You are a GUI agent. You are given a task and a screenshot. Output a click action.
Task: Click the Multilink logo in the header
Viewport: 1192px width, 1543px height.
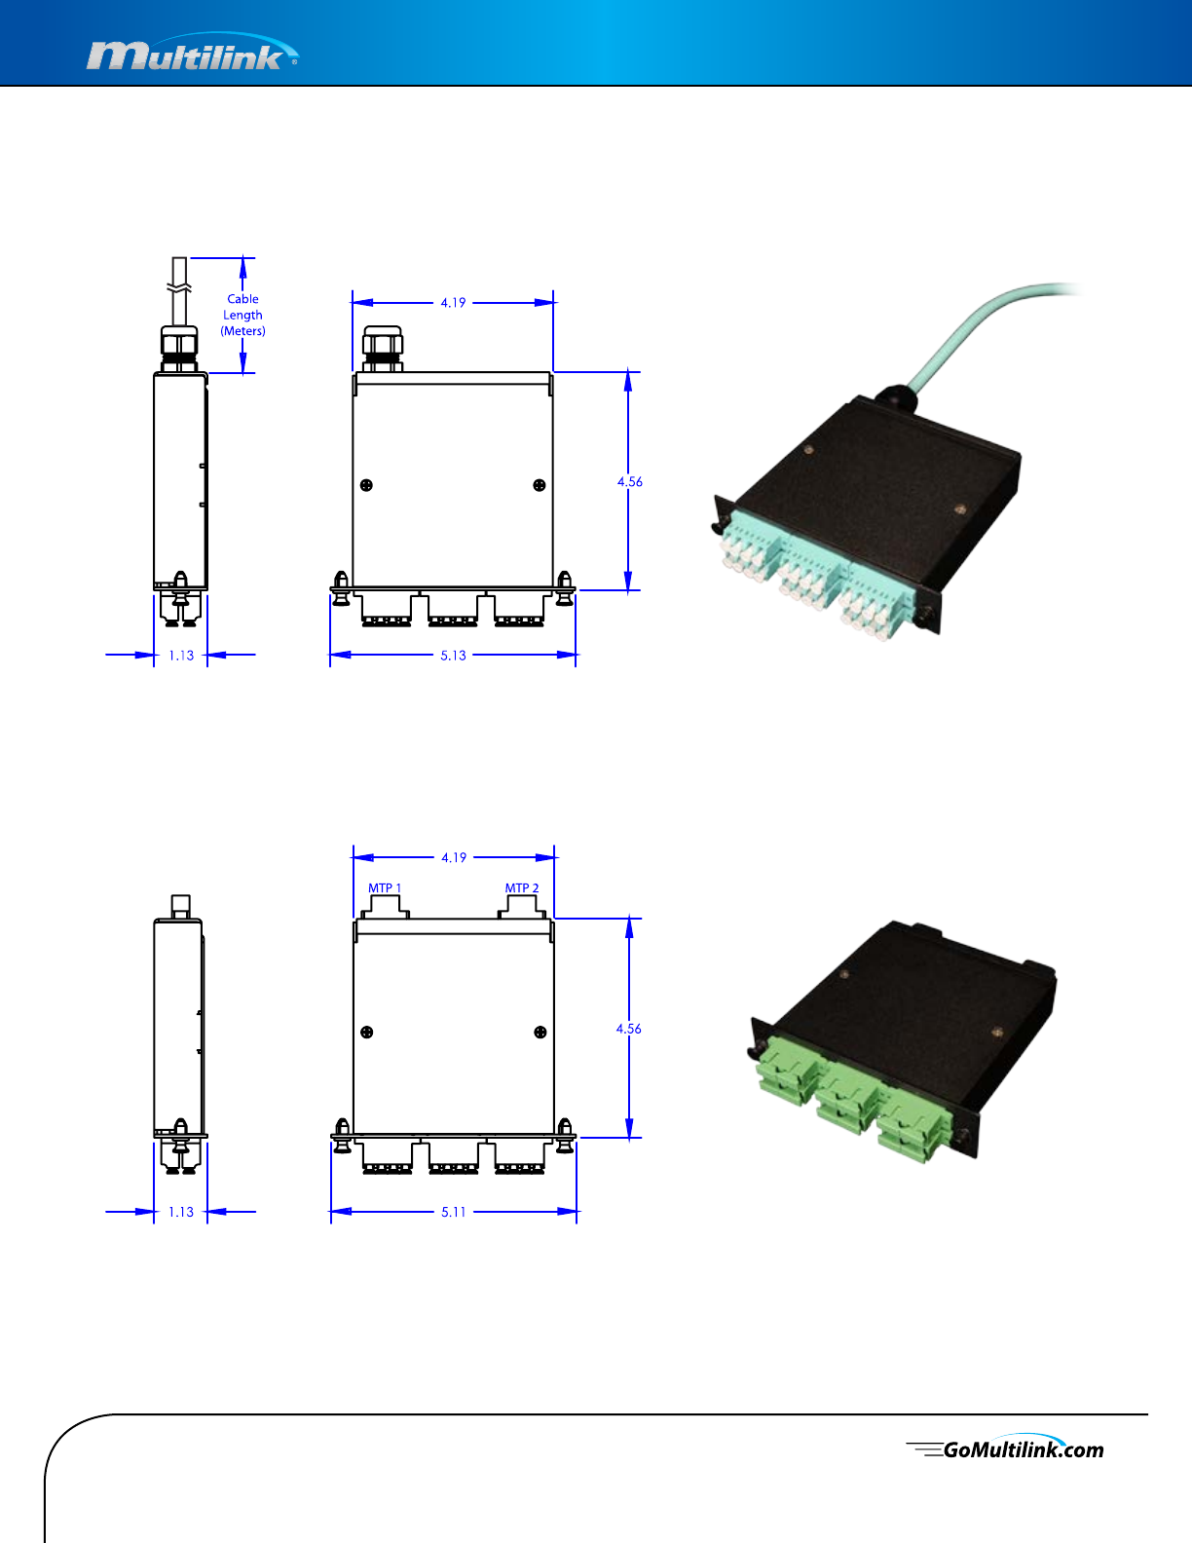coord(192,53)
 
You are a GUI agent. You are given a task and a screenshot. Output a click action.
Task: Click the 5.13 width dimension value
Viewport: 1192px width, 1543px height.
coord(453,656)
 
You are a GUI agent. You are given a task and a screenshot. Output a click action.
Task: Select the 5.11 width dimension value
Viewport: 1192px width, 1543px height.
coord(453,1212)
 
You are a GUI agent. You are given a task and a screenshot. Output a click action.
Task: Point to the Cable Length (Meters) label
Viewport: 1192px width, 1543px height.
coord(242,315)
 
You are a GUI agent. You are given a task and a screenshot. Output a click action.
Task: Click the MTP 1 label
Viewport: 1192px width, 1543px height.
coord(384,888)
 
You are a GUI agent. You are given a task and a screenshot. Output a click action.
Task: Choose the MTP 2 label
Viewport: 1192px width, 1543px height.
coord(522,888)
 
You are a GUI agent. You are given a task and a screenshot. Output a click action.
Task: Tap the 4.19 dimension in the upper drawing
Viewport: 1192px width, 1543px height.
coord(453,303)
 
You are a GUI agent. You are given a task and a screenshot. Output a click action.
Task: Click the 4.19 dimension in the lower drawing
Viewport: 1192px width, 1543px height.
coord(454,858)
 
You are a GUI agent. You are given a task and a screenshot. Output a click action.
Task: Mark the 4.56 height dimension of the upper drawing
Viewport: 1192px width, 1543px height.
coord(630,481)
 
